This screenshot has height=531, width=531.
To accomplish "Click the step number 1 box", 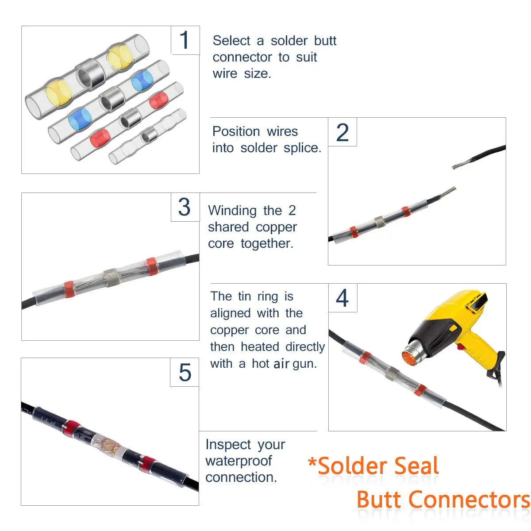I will point(185,40).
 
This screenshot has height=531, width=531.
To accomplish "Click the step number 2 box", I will point(342,132).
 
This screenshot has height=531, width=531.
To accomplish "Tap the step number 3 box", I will point(185,207).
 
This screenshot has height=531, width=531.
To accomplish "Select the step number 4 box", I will point(342,298).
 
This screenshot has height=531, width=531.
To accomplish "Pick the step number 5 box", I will point(185,372).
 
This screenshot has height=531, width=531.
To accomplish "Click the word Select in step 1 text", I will point(231,41).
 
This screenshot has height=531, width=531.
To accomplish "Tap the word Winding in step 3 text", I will point(232,211).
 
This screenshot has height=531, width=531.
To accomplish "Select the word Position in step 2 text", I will point(236,131).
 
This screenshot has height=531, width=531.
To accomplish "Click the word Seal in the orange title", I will point(416,466).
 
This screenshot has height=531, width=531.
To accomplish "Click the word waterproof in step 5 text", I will point(239,461).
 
